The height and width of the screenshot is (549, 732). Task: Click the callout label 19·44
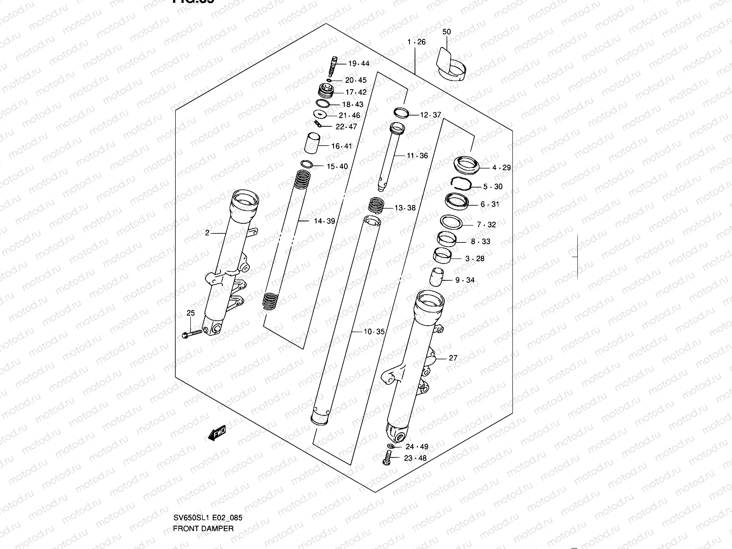[358, 64]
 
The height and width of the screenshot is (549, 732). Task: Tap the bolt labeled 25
[193, 334]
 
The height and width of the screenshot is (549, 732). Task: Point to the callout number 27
[452, 358]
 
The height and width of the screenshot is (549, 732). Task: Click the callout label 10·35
[374, 332]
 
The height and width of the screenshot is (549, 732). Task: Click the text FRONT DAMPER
[203, 528]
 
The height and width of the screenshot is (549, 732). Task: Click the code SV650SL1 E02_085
[207, 518]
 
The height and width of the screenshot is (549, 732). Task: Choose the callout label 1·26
[416, 42]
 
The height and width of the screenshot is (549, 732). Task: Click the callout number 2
[207, 233]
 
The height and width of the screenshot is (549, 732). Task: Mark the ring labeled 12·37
[401, 113]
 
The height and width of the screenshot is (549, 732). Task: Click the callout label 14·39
[324, 221]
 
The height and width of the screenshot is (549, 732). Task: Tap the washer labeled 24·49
[390, 447]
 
